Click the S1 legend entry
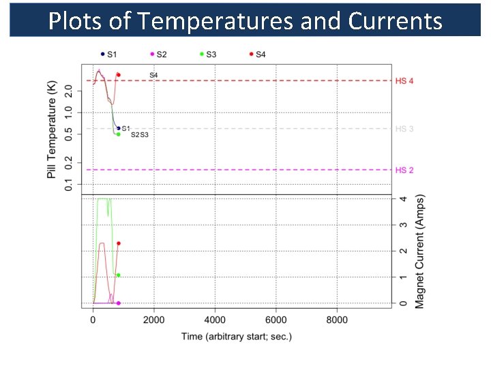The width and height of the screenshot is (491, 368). pyautogui.click(x=108, y=54)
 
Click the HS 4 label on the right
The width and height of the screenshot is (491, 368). pyautogui.click(x=404, y=81)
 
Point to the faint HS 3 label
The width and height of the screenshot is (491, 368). pyautogui.click(x=404, y=129)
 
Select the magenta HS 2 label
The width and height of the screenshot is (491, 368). pyautogui.click(x=404, y=170)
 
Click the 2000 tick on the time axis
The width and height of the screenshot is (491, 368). pyautogui.click(x=154, y=320)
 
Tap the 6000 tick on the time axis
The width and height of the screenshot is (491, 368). pyautogui.click(x=276, y=320)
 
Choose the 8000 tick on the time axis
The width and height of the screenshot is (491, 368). pyautogui.click(x=337, y=320)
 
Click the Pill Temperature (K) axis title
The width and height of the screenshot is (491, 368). pyautogui.click(x=51, y=129)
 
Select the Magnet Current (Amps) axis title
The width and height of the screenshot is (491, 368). pyautogui.click(x=419, y=252)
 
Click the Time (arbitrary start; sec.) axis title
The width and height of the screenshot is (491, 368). pyautogui.click(x=236, y=337)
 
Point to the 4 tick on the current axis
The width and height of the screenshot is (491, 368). pyautogui.click(x=404, y=200)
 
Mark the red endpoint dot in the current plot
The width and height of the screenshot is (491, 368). pyautogui.click(x=119, y=243)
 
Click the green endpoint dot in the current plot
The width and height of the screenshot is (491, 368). pyautogui.click(x=119, y=275)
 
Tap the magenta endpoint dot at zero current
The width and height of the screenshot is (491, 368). pyautogui.click(x=119, y=303)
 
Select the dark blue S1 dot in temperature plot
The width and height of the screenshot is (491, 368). pyautogui.click(x=119, y=128)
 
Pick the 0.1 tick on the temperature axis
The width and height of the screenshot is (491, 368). pyautogui.click(x=68, y=185)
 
